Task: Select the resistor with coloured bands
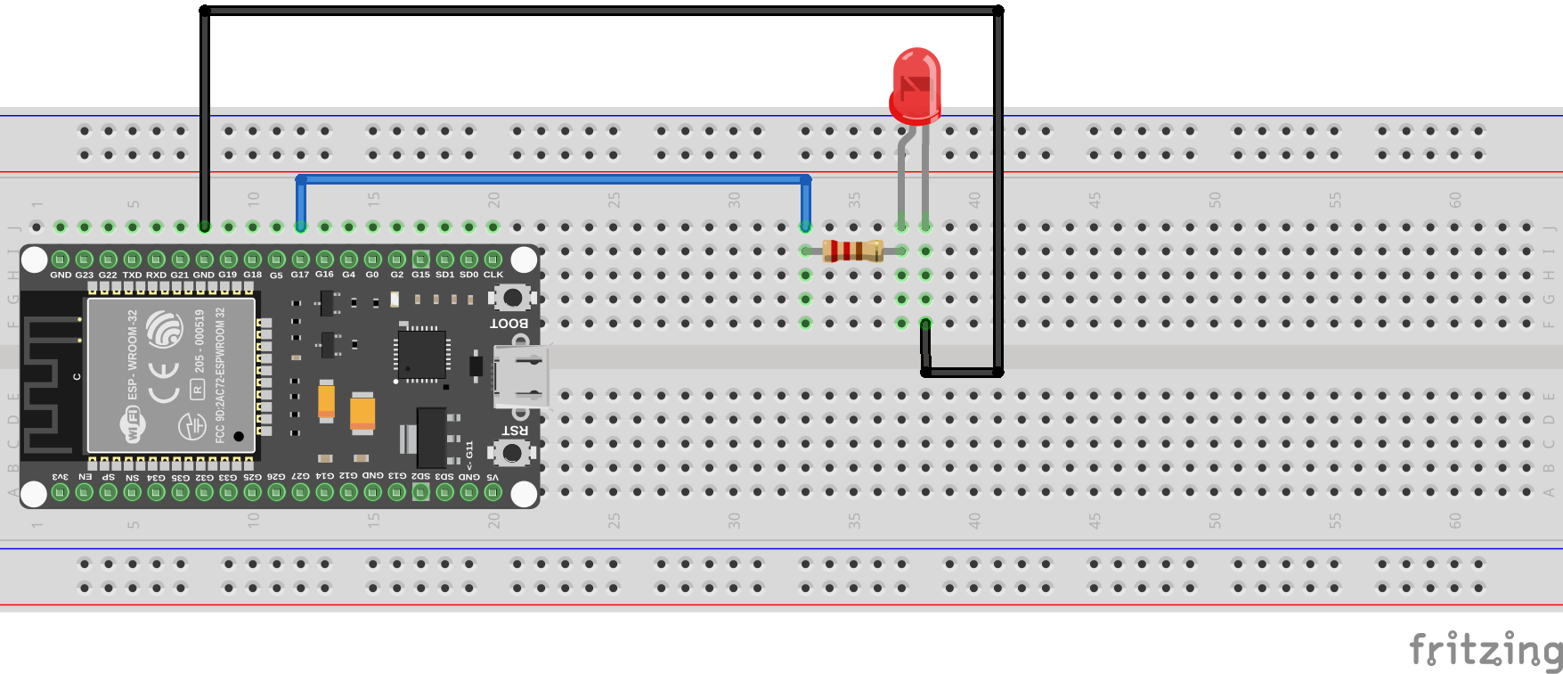(x=853, y=251)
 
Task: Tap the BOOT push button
(x=512, y=298)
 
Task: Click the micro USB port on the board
(x=522, y=377)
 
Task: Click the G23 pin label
(x=85, y=275)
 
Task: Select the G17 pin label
(x=300, y=275)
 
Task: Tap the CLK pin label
(x=493, y=275)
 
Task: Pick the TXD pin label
(x=133, y=275)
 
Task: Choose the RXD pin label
(x=157, y=275)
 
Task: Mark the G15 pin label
(x=421, y=275)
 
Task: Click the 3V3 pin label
(x=61, y=477)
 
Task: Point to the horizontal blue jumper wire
(x=552, y=179)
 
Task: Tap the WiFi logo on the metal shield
(x=133, y=425)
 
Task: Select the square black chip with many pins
(x=421, y=354)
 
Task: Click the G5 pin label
(x=276, y=275)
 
